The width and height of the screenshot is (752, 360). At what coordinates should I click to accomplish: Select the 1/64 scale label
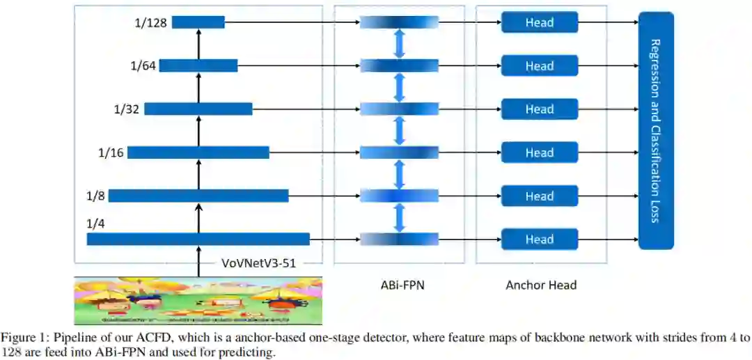143,66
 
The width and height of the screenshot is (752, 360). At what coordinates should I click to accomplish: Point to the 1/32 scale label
127,109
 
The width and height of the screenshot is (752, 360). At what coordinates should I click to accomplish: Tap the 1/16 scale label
110,152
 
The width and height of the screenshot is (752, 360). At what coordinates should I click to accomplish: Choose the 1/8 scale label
96,196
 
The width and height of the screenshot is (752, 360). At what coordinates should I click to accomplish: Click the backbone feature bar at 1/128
198,23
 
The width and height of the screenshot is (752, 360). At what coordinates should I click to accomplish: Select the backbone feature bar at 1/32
198,109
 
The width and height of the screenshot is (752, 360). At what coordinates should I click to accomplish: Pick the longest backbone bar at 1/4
198,240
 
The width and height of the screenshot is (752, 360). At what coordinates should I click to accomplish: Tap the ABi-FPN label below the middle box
399,284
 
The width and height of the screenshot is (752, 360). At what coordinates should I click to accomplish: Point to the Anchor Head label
541,284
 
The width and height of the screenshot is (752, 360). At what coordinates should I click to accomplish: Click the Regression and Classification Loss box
656,130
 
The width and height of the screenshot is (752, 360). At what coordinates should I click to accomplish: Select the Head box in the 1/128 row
540,23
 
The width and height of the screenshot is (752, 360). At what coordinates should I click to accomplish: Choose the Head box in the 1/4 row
540,240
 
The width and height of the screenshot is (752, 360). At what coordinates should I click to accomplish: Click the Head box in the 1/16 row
540,152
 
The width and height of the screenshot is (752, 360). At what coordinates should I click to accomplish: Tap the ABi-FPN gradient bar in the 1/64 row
399,66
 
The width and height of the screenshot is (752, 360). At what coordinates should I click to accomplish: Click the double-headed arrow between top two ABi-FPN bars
399,45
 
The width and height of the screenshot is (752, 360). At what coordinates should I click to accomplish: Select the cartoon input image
198,301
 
